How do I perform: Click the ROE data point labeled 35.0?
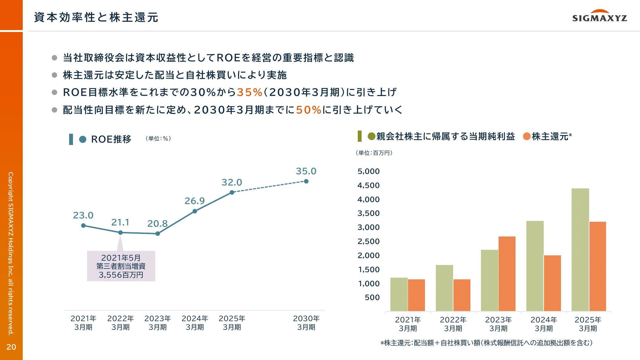point(306,181)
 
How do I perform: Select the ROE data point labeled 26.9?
point(195,211)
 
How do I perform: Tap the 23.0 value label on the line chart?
point(83,215)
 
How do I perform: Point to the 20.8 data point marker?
point(157,234)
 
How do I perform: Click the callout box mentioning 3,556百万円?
point(121,266)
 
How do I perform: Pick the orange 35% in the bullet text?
point(249,92)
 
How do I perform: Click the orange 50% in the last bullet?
point(308,110)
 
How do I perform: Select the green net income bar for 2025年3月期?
point(580,250)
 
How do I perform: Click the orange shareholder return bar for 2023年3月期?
point(507,274)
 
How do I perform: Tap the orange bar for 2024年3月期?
point(552,283)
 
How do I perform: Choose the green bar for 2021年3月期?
point(399,294)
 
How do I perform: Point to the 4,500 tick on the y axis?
point(368,186)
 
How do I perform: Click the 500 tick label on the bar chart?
point(372,298)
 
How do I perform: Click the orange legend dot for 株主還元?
point(527,137)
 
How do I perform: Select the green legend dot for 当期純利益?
point(371,137)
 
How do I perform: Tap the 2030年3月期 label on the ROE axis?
point(306,323)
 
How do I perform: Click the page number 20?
point(11,347)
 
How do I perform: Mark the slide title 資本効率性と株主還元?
point(96,17)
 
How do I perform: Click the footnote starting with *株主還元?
point(486,343)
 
